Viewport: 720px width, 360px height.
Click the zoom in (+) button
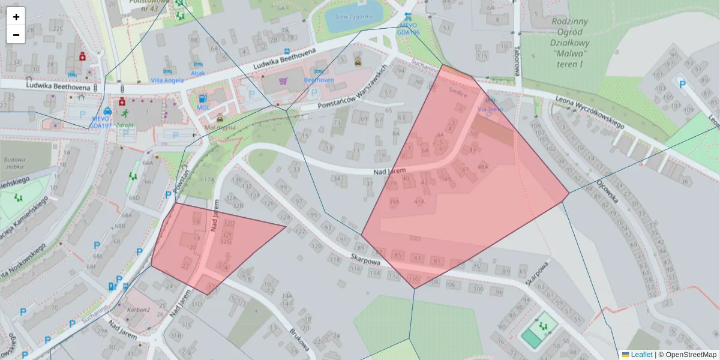pos(16,17)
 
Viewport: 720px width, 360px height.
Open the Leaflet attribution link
pos(641,355)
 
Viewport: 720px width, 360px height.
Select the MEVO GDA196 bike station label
pos(409,29)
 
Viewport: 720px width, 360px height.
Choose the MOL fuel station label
pos(203,107)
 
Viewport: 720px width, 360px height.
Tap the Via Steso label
pos(490,109)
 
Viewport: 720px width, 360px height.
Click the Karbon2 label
pos(139,310)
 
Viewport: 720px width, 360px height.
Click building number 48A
pos(483,166)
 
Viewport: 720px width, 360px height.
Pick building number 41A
pos(419,202)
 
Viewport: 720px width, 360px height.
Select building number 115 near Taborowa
pos(482,56)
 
